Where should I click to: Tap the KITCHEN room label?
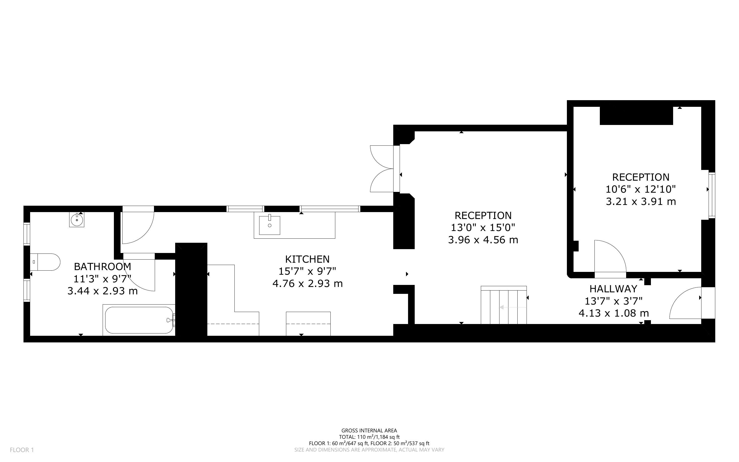click(307, 259)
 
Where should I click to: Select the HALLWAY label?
click(613, 289)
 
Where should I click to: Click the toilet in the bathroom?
click(45, 262)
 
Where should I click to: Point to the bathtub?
click(139, 320)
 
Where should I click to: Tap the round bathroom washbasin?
click(77, 220)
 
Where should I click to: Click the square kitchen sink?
click(270, 225)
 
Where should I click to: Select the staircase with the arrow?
click(504, 305)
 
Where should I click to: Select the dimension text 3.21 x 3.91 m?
click(641, 202)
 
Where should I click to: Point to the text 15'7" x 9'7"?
click(307, 271)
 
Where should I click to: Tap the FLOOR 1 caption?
click(22, 450)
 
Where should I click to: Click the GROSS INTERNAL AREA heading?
click(369, 431)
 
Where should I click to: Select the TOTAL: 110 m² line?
click(369, 437)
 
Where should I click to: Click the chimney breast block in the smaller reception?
click(636, 115)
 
